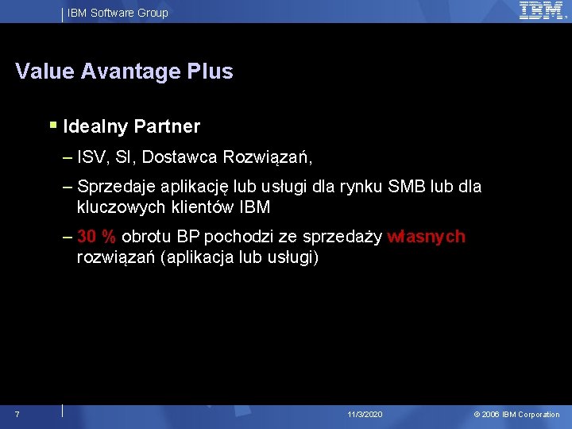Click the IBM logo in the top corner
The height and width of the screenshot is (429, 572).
tap(542, 10)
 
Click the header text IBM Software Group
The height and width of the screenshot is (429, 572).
tap(118, 13)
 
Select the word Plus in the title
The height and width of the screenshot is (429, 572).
tap(211, 71)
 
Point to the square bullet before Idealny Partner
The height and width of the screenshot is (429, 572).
tap(53, 125)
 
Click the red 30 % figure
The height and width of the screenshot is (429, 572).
tap(97, 237)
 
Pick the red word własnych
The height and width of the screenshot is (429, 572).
tap(426, 237)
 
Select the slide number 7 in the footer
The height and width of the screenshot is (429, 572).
tap(17, 414)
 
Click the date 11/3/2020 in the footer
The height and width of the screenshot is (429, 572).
tap(365, 415)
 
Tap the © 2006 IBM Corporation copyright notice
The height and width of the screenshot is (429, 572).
tap(516, 415)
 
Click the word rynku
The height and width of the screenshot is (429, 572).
tap(361, 187)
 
